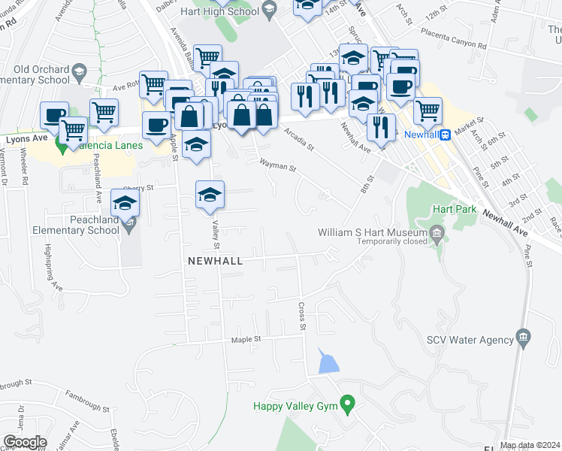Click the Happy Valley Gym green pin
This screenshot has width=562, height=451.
(347, 405)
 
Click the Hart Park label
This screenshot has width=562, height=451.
(454, 210)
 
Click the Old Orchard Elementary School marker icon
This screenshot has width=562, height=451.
(78, 72)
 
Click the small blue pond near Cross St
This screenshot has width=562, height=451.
(328, 362)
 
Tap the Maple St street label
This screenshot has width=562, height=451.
(246, 339)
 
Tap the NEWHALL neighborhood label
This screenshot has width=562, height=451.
(216, 261)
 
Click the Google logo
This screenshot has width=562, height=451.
(25, 442)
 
